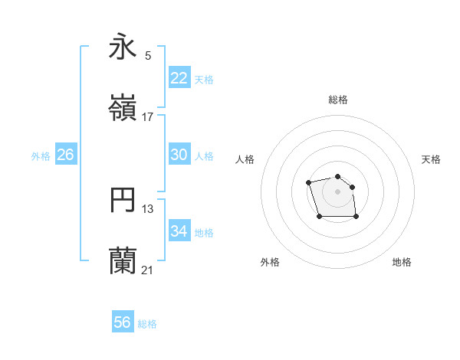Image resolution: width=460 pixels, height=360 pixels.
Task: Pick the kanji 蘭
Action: (x=123, y=260)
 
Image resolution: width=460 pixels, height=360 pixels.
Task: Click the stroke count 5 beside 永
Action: (x=148, y=55)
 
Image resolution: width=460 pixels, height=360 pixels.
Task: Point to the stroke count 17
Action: (x=148, y=117)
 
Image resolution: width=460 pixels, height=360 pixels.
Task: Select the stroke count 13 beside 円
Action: (x=148, y=209)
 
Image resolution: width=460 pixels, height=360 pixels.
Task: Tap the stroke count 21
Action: (x=148, y=270)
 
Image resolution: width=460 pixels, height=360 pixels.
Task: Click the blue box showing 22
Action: (x=179, y=77)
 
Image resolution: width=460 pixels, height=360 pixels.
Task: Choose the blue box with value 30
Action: (x=179, y=155)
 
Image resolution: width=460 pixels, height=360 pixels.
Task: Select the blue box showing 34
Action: (x=179, y=231)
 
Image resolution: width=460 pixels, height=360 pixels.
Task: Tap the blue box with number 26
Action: (x=66, y=155)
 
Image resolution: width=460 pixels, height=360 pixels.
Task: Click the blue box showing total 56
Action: (x=123, y=322)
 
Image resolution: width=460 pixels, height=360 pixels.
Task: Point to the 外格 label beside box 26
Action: (x=41, y=156)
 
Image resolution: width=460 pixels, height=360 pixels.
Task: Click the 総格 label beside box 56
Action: (x=147, y=324)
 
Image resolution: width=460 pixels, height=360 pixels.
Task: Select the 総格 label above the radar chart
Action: (x=338, y=100)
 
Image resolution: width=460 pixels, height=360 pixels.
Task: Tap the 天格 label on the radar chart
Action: (x=431, y=159)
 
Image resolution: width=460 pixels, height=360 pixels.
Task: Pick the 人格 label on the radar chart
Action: (x=245, y=159)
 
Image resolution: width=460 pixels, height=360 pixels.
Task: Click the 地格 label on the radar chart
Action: (x=402, y=262)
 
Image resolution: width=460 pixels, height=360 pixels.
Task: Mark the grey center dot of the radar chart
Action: (x=337, y=191)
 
